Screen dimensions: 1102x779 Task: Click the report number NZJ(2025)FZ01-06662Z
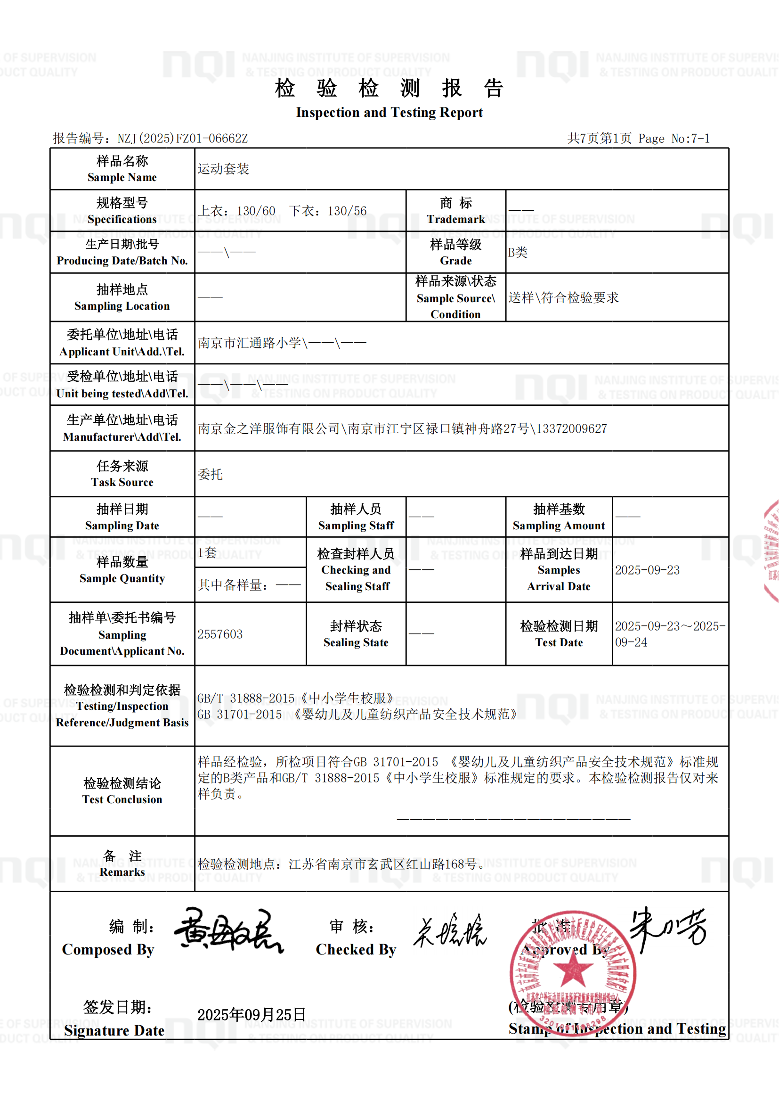pyautogui.click(x=182, y=139)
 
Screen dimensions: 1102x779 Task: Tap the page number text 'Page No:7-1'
pyautogui.click(x=674, y=139)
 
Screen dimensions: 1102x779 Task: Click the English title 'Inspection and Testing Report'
pyautogui.click(x=389, y=112)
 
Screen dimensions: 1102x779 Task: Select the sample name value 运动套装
pyautogui.click(x=224, y=169)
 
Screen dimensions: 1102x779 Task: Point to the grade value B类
pyautogui.click(x=518, y=253)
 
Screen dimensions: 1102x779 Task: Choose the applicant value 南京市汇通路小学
pyautogui.click(x=250, y=343)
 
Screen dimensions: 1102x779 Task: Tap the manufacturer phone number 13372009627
pyautogui.click(x=571, y=428)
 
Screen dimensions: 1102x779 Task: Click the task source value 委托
pyautogui.click(x=210, y=474)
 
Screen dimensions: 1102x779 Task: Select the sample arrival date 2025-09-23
pyautogui.click(x=647, y=570)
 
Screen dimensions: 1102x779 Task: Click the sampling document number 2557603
pyautogui.click(x=220, y=634)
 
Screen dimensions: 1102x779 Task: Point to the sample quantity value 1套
pyautogui.click(x=207, y=552)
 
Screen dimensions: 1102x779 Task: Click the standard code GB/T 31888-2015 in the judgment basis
pyautogui.click(x=245, y=699)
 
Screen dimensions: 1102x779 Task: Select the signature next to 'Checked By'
pyautogui.click(x=450, y=931)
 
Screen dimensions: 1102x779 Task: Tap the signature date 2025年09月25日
pyautogui.click(x=252, y=1015)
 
